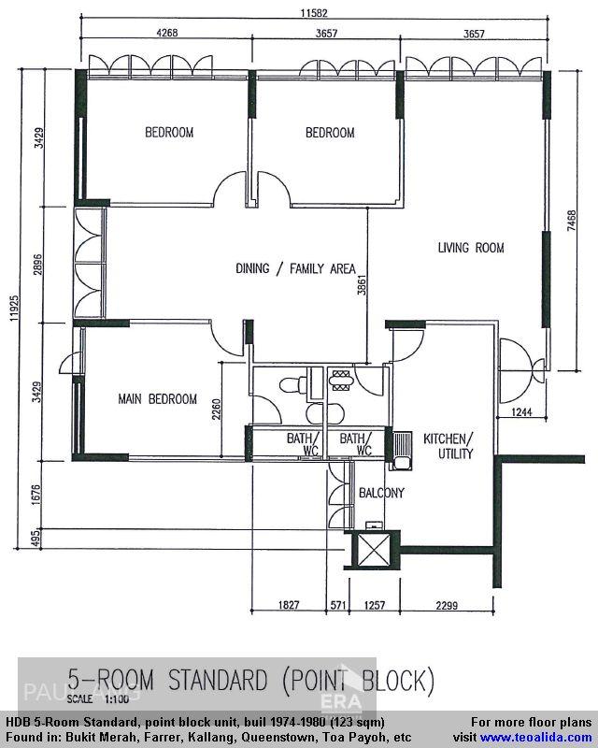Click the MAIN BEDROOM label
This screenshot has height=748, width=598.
(x=157, y=399)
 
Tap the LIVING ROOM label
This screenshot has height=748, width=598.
(x=471, y=248)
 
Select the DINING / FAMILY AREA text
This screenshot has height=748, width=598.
(x=294, y=269)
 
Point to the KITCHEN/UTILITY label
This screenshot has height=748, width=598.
(x=448, y=446)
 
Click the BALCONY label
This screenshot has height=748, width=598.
(x=381, y=493)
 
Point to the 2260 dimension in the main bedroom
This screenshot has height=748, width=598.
(x=215, y=411)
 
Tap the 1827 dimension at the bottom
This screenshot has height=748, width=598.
(x=289, y=606)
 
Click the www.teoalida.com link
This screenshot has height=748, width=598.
(x=535, y=737)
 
